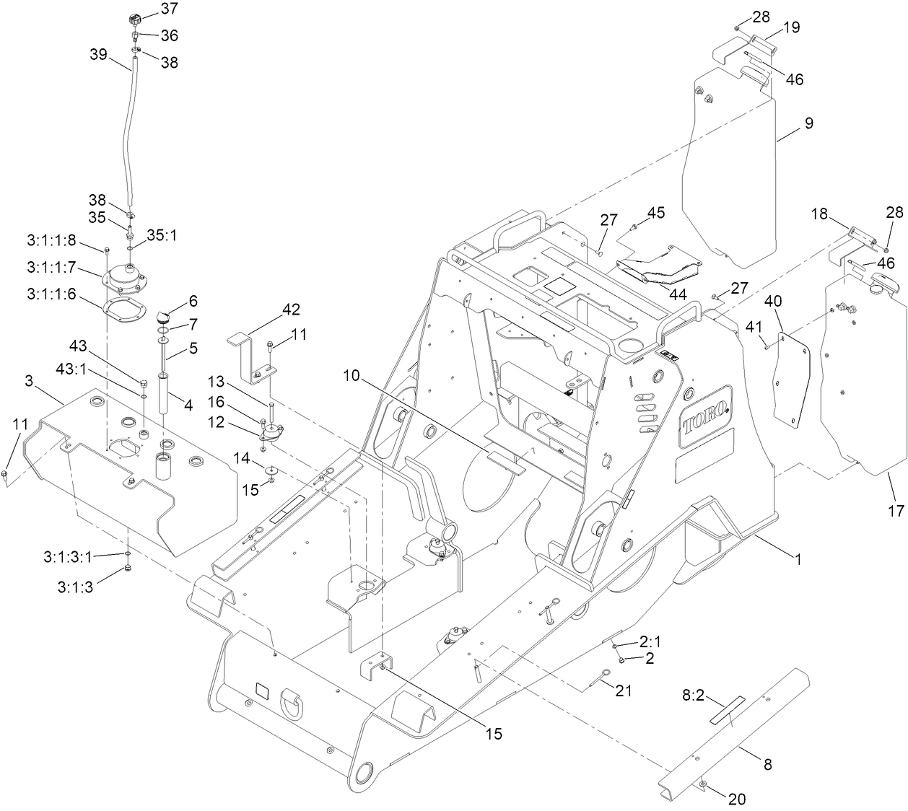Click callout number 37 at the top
click(170, 9)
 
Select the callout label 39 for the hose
click(100, 54)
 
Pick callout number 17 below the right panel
click(895, 511)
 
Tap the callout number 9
click(808, 123)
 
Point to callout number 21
click(623, 691)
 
